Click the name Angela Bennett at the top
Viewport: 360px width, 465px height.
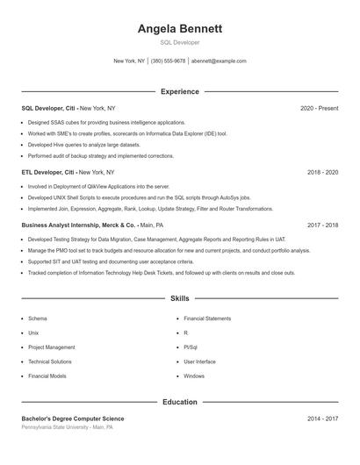[x=180, y=28]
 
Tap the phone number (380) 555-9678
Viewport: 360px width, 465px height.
[x=168, y=61]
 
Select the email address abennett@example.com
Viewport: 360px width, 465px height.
[x=219, y=61]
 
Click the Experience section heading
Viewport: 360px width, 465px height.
[x=180, y=91]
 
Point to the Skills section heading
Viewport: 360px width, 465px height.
[x=180, y=299]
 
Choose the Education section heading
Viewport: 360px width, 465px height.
[x=180, y=402]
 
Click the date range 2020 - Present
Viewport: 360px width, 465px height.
[x=319, y=108]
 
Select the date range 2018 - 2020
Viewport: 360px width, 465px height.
[x=322, y=173]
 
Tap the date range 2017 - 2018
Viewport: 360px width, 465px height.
[x=322, y=225]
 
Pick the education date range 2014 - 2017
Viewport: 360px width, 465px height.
[x=322, y=419]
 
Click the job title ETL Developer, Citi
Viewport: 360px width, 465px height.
[x=49, y=173]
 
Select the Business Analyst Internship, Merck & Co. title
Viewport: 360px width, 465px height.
[x=79, y=225]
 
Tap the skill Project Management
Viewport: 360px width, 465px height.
[x=52, y=347]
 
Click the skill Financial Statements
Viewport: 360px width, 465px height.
[x=207, y=318]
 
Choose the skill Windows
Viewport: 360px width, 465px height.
[x=194, y=376]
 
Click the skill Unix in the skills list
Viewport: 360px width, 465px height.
[x=33, y=333]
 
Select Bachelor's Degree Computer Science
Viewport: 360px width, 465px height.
[x=73, y=419]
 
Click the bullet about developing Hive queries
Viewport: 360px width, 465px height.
[x=83, y=144]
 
